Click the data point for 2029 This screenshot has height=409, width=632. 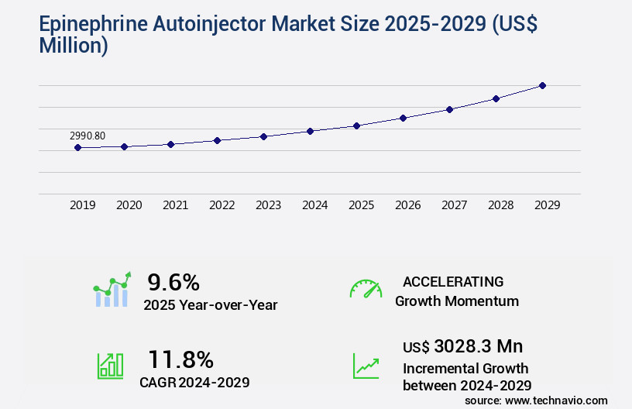(542, 85)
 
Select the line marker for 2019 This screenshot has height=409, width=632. (77, 147)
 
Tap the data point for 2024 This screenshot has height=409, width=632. (310, 131)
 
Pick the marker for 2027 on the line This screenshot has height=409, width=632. (449, 109)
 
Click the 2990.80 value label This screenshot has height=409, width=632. (88, 136)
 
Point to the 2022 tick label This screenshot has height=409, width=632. (222, 205)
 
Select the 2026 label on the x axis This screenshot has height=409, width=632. (407, 205)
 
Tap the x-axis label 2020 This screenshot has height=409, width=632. (129, 205)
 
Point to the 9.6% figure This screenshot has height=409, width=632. (174, 282)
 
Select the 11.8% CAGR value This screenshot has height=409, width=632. (180, 359)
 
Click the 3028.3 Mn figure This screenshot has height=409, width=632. (479, 346)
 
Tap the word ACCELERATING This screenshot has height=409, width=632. (453, 282)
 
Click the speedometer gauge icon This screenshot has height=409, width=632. (366, 288)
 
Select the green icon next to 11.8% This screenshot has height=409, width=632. (110, 366)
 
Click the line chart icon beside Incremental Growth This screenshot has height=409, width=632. (366, 366)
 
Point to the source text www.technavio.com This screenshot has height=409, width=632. (557, 400)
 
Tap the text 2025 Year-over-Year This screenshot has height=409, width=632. (210, 305)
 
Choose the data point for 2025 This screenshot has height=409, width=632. (356, 125)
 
